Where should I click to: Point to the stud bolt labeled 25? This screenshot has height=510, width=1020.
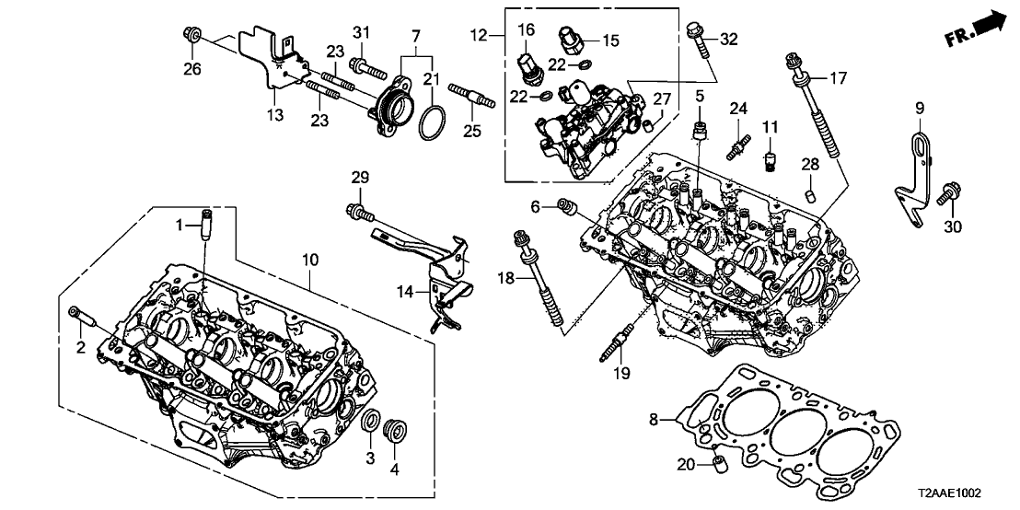click(x=472, y=94)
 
